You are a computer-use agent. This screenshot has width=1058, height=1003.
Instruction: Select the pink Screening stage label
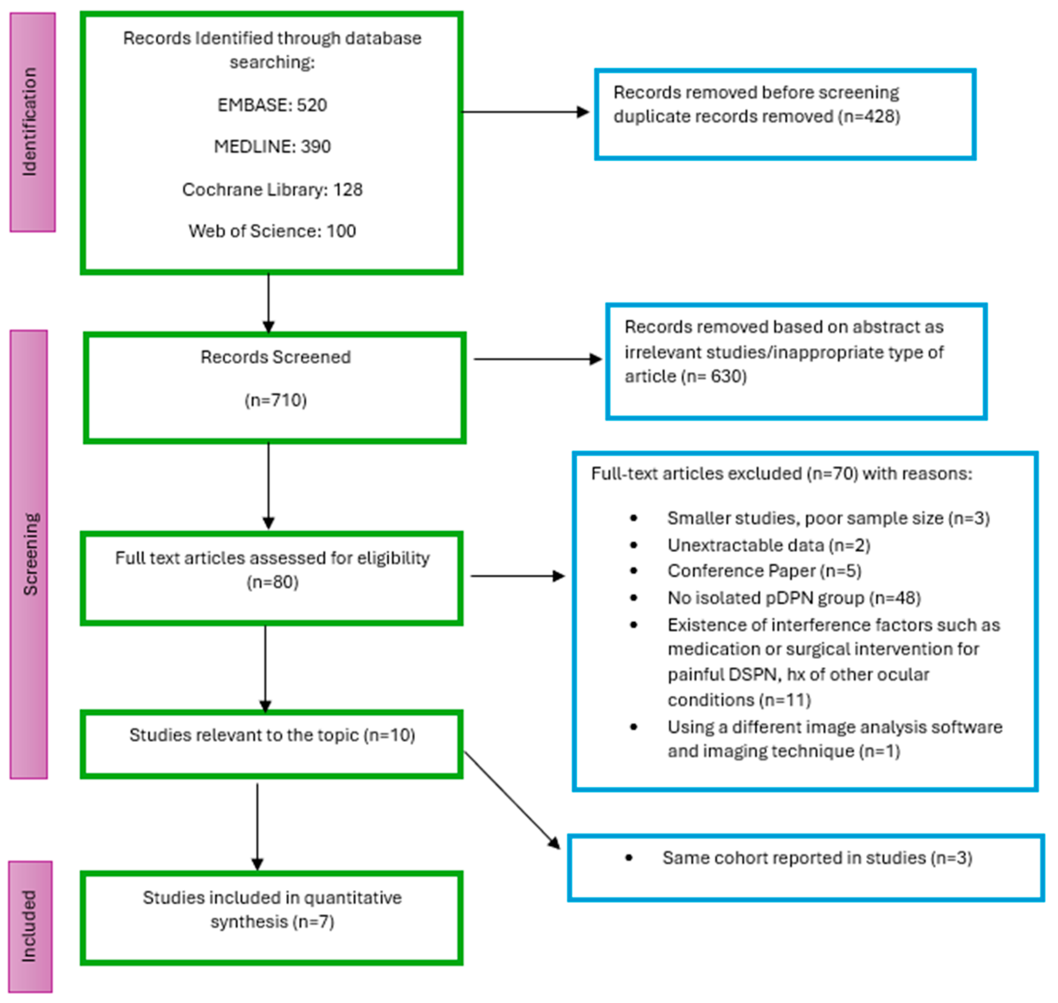(x=29, y=554)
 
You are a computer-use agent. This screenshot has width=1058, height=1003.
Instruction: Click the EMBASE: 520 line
(x=272, y=105)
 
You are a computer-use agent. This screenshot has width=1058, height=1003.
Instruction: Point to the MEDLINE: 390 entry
(x=272, y=147)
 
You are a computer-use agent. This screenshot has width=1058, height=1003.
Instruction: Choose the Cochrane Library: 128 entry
(x=272, y=190)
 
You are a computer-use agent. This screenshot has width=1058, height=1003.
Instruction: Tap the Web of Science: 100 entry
(x=272, y=231)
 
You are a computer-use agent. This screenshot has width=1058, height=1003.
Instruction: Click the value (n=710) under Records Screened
(x=275, y=401)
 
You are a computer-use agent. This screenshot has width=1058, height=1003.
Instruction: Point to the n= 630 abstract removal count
(x=713, y=376)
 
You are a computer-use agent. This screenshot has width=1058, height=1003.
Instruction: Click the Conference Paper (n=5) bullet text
(x=764, y=571)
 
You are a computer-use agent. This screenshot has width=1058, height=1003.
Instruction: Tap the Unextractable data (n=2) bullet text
(x=768, y=545)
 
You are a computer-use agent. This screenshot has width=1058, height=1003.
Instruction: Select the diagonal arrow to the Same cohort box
(x=512, y=800)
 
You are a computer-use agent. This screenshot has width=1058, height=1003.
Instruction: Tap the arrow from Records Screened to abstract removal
(x=537, y=359)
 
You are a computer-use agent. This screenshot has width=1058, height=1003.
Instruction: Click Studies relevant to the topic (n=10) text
(x=272, y=735)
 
